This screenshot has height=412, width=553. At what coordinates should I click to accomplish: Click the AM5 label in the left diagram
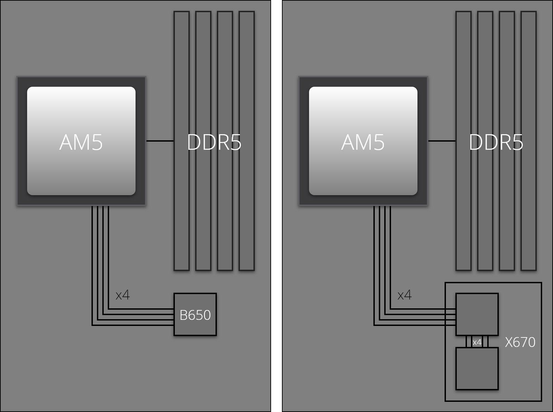coord(81,142)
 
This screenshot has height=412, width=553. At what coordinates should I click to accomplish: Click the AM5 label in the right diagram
coord(363,142)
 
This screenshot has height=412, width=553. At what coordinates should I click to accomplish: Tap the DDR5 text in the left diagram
coord(214,143)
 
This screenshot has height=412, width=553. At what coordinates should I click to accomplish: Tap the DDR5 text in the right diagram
coord(496,143)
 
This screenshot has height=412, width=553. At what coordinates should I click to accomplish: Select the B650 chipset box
coord(195,314)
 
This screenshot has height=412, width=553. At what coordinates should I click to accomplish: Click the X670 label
coord(520,342)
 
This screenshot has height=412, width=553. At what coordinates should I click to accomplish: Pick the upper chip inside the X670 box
coord(477,314)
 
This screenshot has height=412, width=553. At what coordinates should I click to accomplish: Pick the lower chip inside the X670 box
coord(477,369)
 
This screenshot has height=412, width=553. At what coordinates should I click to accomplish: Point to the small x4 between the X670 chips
coord(477,342)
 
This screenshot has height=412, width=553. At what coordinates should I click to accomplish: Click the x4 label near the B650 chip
coord(123,295)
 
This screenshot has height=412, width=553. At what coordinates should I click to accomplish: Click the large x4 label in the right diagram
coord(405,295)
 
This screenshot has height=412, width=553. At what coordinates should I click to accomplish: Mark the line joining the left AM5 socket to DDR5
coord(160,141)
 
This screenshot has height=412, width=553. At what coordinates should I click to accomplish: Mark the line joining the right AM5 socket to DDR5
coord(442,141)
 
